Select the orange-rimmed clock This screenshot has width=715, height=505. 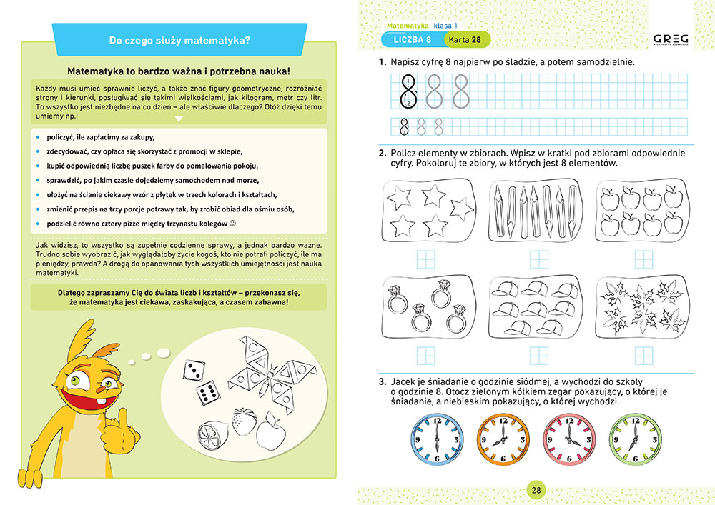tap(503, 441)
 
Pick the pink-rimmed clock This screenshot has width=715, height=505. tap(569, 441)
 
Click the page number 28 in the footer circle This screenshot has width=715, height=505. tap(536, 490)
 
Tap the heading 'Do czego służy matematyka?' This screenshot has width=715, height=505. tap(179, 41)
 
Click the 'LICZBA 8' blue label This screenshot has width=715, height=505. tap(411, 39)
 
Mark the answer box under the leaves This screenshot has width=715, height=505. tap(638, 354)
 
